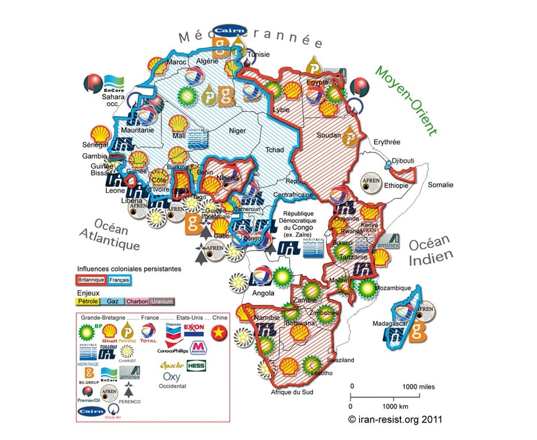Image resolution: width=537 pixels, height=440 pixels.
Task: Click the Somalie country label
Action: (441, 185)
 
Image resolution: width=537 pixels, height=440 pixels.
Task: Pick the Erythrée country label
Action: (387, 142)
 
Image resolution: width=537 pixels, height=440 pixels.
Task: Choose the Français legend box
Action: (119, 279)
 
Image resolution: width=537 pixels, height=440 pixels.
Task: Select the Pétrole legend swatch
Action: (87, 301)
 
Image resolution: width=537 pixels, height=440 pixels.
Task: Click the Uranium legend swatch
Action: (162, 301)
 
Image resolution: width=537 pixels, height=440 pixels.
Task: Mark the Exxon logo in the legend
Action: (194, 329)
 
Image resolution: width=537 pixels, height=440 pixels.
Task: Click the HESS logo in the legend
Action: (196, 365)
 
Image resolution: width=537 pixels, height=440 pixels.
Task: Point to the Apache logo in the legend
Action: (171, 365)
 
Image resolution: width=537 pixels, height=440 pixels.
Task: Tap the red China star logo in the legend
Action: (219, 332)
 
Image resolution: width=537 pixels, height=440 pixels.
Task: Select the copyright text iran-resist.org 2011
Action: (396, 419)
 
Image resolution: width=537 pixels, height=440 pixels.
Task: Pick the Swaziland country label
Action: (341, 360)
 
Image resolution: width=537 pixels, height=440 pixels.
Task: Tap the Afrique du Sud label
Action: (290, 392)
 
